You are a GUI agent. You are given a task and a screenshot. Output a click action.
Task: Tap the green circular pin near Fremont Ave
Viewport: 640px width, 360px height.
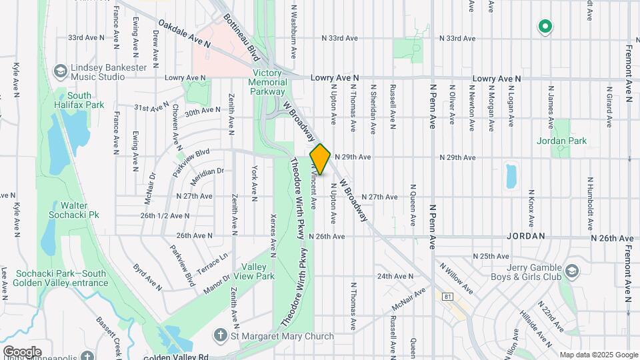pyautogui.click(x=545, y=27)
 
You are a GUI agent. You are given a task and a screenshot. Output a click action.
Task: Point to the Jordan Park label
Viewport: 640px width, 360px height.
pyautogui.click(x=561, y=141)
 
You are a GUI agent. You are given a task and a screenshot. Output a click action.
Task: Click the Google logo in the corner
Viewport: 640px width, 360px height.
pyautogui.click(x=22, y=351)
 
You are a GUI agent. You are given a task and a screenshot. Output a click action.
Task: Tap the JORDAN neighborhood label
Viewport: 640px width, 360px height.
pyautogui.click(x=525, y=237)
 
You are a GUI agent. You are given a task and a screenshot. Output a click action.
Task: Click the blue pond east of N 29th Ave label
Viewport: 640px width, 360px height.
pyautogui.click(x=511, y=176)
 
